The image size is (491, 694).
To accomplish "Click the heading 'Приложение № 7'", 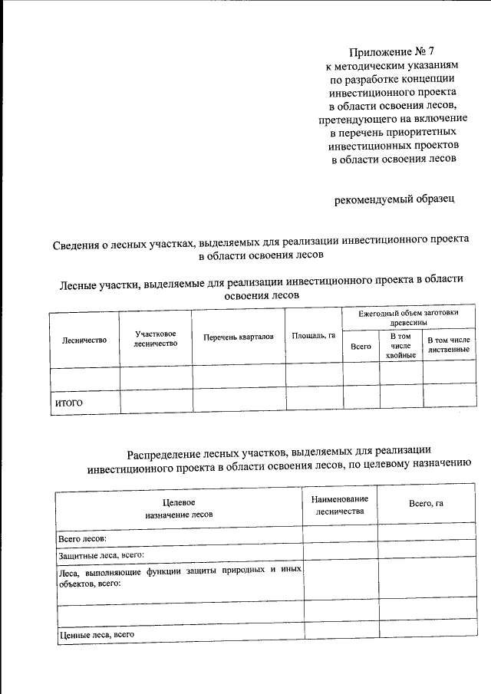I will [397, 52].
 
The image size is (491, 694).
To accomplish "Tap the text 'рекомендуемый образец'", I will [395, 200].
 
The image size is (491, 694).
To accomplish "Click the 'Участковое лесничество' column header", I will [156, 339].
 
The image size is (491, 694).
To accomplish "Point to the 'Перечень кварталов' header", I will [238, 337].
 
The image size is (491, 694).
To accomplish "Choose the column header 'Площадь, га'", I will [313, 336].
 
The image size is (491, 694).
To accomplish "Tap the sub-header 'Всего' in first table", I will [361, 347].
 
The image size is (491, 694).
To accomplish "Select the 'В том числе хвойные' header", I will [400, 346].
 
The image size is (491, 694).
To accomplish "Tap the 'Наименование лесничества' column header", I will [340, 505].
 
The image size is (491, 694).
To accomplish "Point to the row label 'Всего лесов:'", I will [82, 539].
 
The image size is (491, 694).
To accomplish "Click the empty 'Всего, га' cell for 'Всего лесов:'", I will [426, 534].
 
